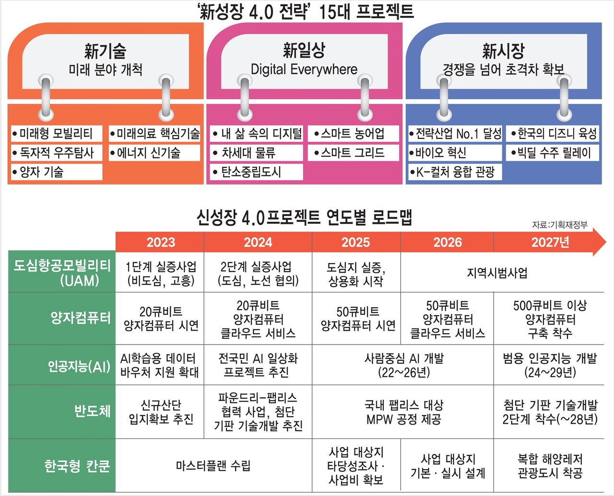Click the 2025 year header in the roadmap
tap(355, 242)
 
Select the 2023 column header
tap(161, 242)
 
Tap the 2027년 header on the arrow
tap(550, 242)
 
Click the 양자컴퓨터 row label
tap(81, 318)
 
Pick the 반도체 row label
tap(92, 411)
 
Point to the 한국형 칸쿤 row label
tap(77, 466)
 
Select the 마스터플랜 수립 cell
tap(213, 466)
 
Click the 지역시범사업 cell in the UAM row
tap(497, 273)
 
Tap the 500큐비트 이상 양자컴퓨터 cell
tap(550, 319)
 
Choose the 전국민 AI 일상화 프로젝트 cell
tap(258, 365)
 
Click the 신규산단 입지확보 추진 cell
tap(161, 412)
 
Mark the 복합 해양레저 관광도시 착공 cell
tap(550, 466)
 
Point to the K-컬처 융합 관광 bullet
tap(455, 172)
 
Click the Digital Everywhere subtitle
tap(304, 69)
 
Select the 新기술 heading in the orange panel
tap(105, 51)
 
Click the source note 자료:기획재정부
tap(559, 225)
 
